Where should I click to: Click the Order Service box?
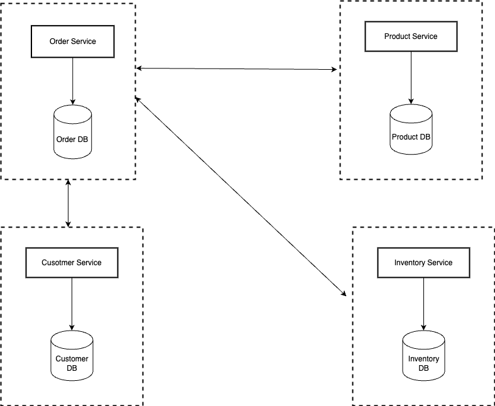pos(73,41)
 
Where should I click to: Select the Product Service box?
pos(411,36)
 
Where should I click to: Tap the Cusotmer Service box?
pos(72,263)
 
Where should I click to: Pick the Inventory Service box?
pos(423,263)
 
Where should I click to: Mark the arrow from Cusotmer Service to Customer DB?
pos(72,302)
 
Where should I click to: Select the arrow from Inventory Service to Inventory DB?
pos(423,302)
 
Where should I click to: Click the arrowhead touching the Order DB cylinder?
pos(73,102)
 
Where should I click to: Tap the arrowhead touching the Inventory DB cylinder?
pos(423,327)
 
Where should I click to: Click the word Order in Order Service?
pos(60,41)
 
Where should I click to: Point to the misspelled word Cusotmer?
pos(58,263)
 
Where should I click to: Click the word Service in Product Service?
pos(425,36)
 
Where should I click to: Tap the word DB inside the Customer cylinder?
pos(72,368)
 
